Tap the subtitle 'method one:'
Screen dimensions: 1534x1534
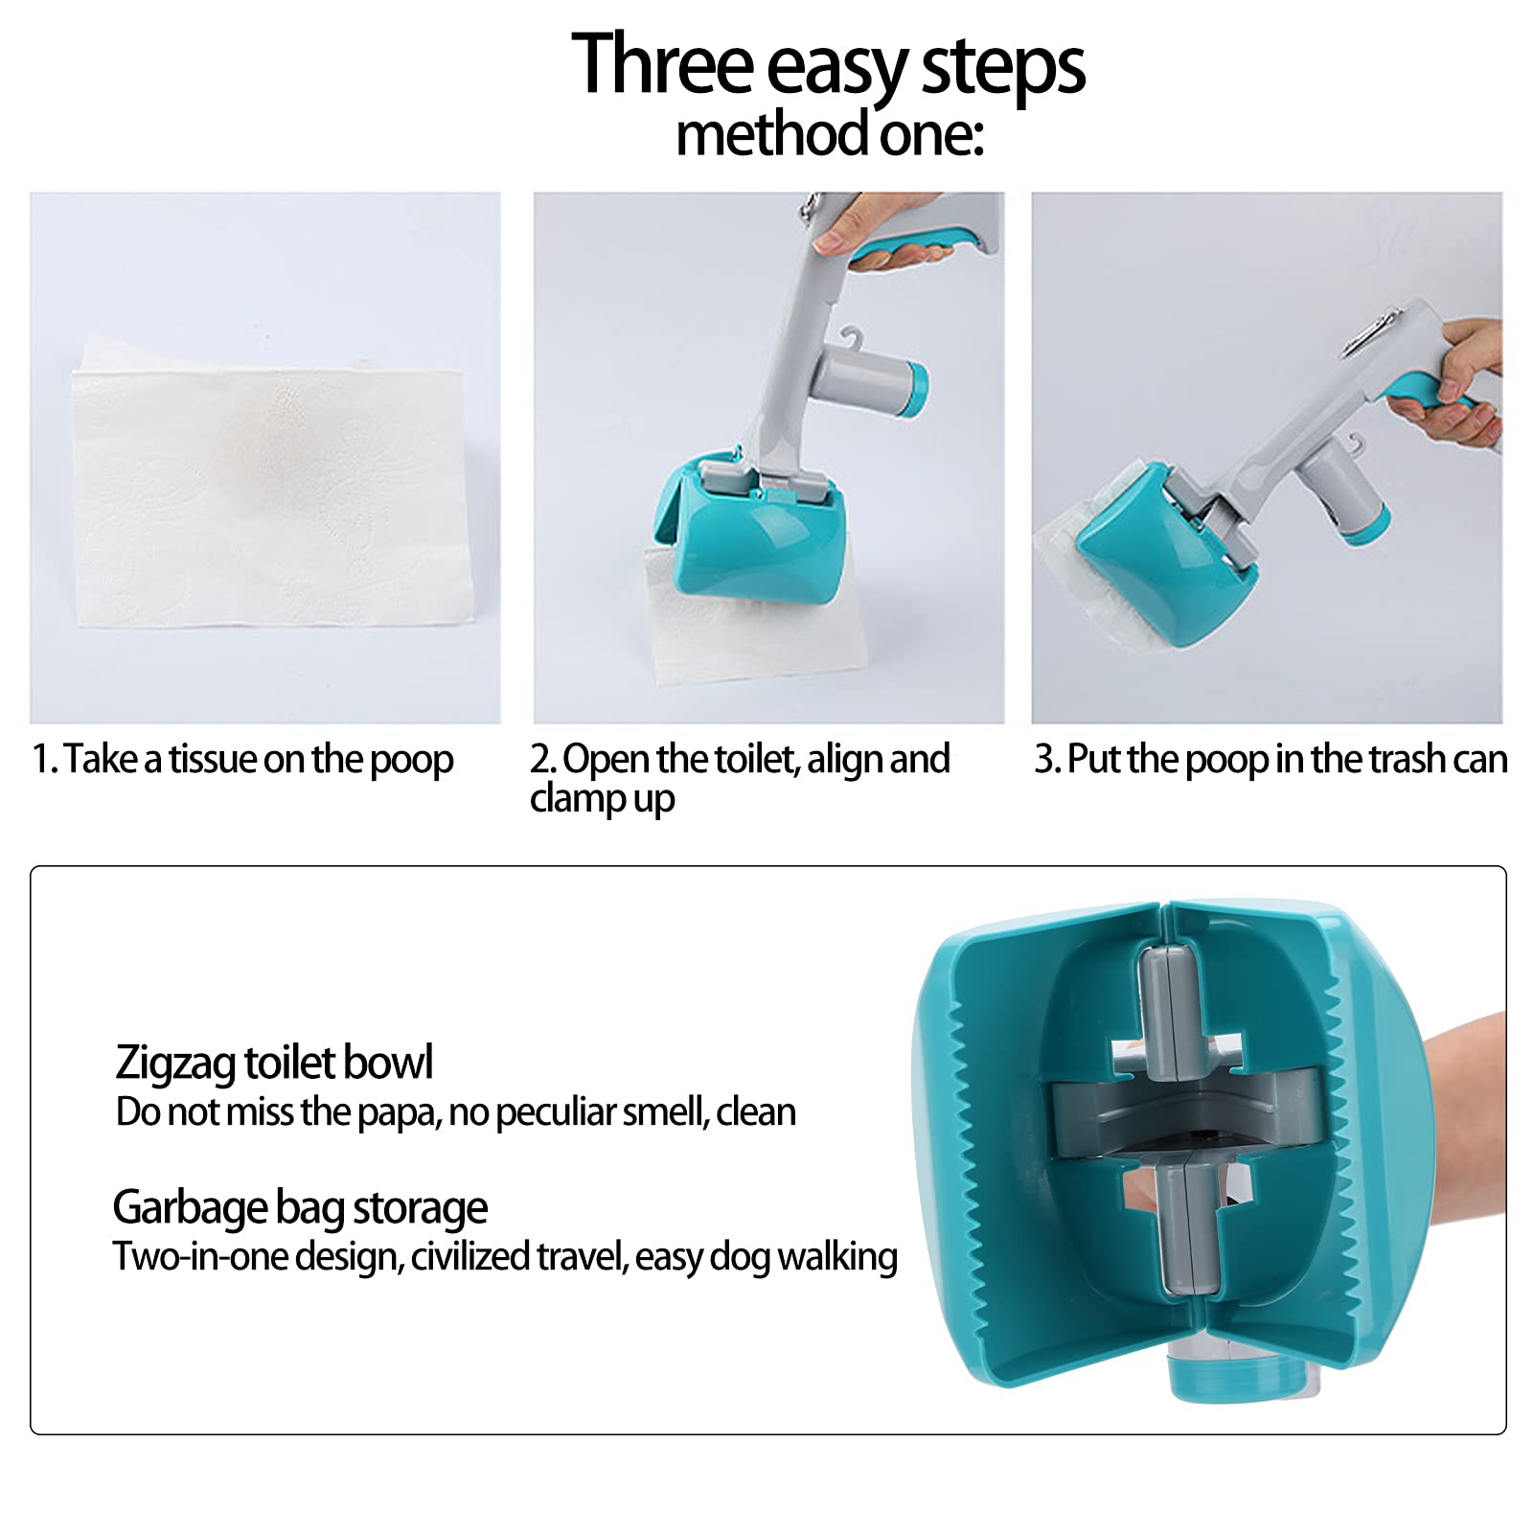(x=829, y=135)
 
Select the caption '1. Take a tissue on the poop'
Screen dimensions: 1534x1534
(x=242, y=759)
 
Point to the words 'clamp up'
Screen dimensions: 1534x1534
(x=602, y=798)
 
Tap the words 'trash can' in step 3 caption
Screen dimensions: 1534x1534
(x=1437, y=759)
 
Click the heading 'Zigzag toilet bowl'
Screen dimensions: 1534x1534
(x=274, y=1063)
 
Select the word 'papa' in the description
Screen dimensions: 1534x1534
(x=398, y=1112)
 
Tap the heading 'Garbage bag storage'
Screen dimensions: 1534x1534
(x=300, y=1207)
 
